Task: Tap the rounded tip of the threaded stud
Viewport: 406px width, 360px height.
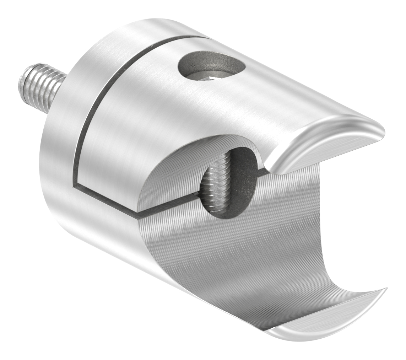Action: click(x=24, y=80)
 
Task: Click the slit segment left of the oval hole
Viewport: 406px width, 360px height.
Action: click(x=167, y=206)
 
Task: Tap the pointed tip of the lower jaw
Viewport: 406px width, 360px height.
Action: click(x=385, y=290)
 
